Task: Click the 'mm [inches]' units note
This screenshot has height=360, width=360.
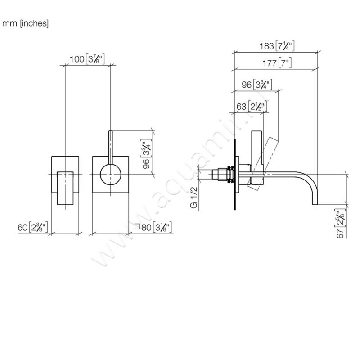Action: coord(26,23)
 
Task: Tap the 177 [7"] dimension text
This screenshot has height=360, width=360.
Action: coord(276,63)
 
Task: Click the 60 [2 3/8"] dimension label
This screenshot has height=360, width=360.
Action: coord(33,227)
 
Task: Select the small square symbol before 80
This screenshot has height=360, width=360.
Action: coord(137,227)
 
